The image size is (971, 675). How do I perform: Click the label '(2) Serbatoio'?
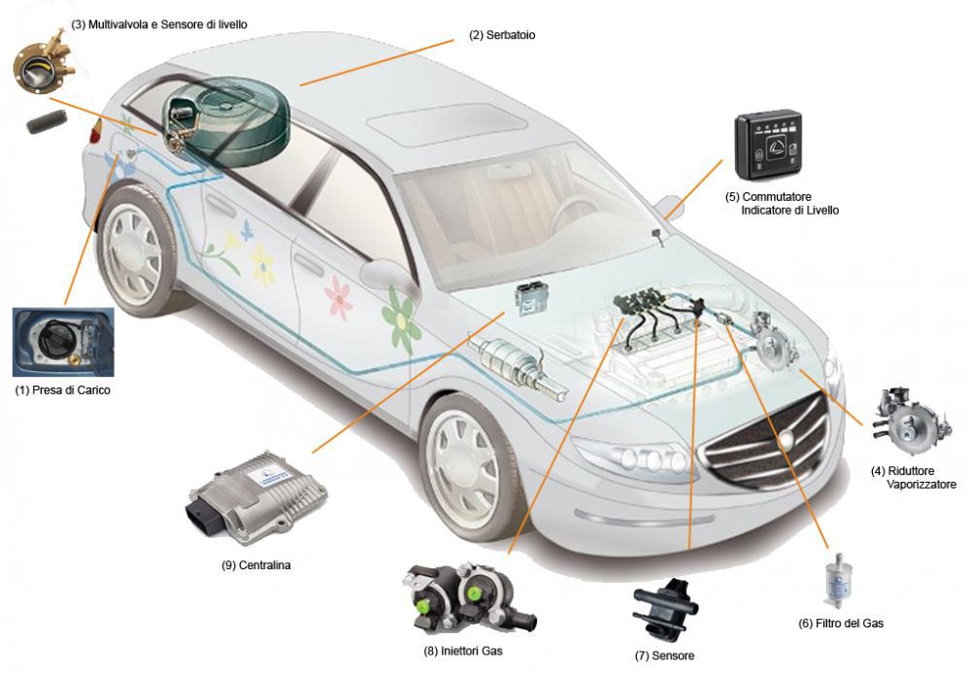502,35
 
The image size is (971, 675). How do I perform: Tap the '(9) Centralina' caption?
255,565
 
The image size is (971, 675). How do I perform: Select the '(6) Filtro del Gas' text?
841,624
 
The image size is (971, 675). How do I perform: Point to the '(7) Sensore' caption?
664,656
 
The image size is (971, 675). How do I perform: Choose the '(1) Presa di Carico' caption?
62,390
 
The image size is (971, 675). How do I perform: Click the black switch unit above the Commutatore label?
768,145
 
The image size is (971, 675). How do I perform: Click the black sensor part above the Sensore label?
665,611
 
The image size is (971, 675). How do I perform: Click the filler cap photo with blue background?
63,343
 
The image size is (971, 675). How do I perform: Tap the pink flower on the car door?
339,298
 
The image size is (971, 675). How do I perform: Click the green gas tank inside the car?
227,120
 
